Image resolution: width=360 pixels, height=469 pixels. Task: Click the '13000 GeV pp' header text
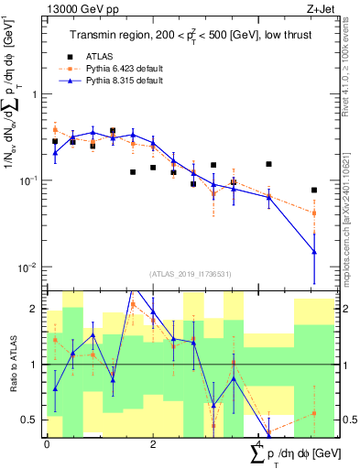(76, 6)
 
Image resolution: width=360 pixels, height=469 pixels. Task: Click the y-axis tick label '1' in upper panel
(36, 94)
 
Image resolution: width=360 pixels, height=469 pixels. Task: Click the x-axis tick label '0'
(47, 443)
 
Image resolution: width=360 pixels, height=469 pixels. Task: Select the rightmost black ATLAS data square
(314, 191)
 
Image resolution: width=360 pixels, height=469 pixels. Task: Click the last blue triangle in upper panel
(314, 252)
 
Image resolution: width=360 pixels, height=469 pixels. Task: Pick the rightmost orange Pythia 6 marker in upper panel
(314, 213)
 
